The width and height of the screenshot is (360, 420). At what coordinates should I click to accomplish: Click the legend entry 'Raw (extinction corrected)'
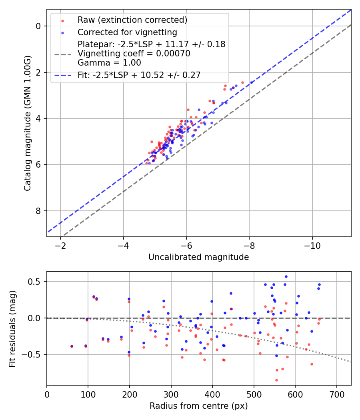click(x=132, y=20)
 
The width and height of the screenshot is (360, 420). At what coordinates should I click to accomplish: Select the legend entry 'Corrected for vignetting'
click(x=127, y=32)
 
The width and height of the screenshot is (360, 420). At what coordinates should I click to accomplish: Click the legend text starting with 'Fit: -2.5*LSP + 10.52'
click(x=139, y=75)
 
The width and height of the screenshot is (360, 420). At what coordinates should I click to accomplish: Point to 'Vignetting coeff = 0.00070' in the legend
click(x=134, y=54)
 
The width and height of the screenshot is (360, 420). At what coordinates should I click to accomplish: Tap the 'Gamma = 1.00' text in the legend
click(x=109, y=63)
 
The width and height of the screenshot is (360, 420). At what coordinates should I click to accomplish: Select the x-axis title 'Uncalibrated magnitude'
click(x=198, y=257)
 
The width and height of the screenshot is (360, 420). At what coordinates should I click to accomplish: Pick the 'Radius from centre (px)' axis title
click(x=198, y=406)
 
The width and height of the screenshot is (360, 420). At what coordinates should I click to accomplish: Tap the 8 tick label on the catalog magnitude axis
click(x=39, y=211)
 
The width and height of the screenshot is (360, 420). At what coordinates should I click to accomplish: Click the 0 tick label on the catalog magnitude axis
click(x=39, y=26)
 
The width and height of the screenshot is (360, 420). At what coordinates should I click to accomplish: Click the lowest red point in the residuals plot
click(x=276, y=380)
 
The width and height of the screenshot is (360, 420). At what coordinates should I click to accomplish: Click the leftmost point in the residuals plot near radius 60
click(x=72, y=346)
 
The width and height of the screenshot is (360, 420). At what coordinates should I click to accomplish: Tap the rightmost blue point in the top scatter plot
click(x=252, y=82)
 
